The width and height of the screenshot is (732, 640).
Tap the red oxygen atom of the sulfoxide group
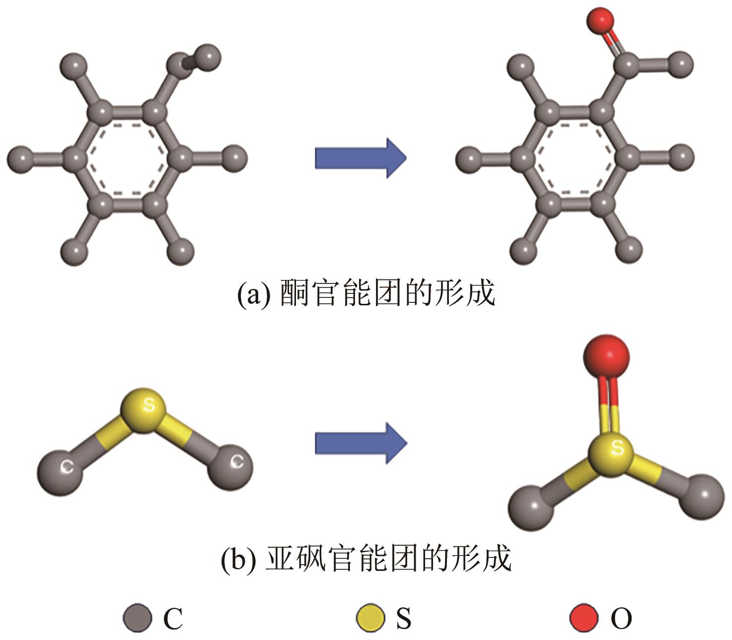click(x=606, y=356)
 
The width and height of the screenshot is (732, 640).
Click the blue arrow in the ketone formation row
click(x=361, y=158)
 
